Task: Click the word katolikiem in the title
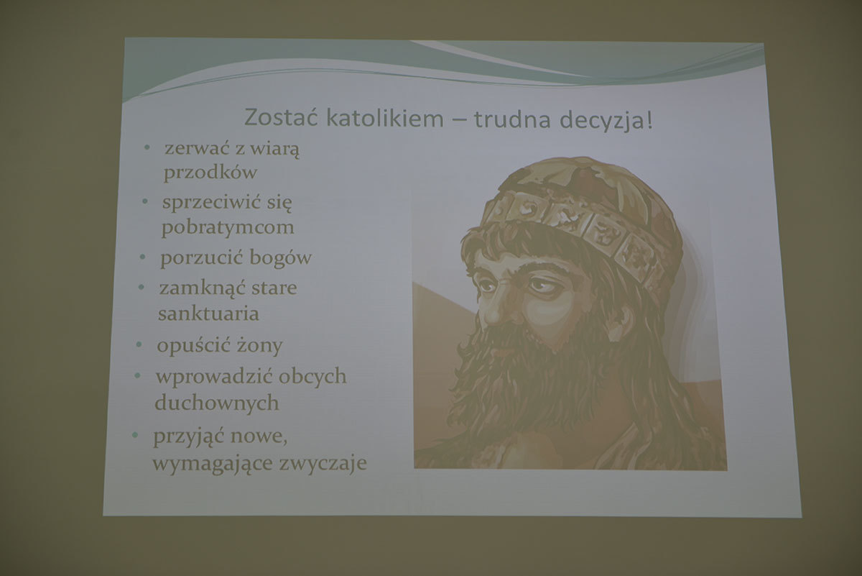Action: (x=385, y=118)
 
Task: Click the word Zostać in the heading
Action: (x=281, y=116)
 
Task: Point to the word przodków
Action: (x=210, y=172)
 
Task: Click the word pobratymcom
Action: (x=228, y=227)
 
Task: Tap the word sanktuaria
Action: (x=208, y=314)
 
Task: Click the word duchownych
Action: (x=217, y=403)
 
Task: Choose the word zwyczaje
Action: (x=323, y=462)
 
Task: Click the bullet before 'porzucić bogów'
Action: (x=142, y=257)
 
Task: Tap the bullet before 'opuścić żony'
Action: (x=139, y=344)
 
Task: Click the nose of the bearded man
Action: (x=494, y=310)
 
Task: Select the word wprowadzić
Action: (x=214, y=376)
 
